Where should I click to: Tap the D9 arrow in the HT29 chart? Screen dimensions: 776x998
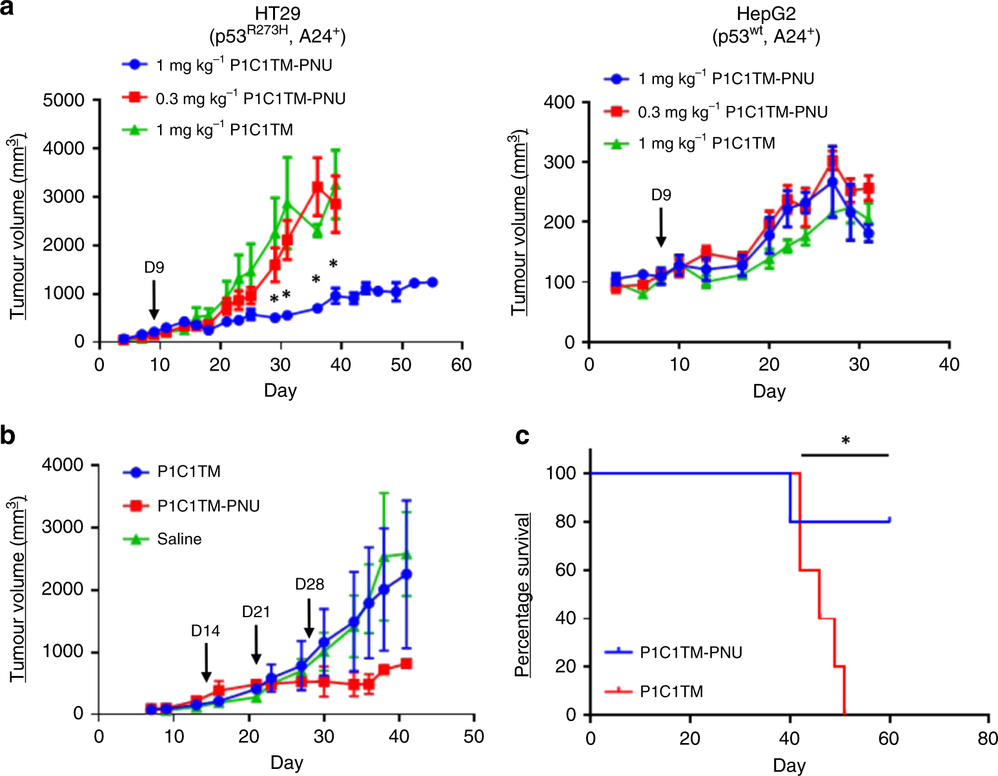pyautogui.click(x=154, y=301)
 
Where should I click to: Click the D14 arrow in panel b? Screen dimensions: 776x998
pyautogui.click(x=206, y=662)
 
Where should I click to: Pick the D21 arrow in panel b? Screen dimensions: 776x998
pyautogui.click(x=256, y=644)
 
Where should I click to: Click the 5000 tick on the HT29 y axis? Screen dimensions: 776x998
pyautogui.click(x=63, y=100)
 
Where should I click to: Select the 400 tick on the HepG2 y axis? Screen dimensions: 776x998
pyautogui.click(x=559, y=102)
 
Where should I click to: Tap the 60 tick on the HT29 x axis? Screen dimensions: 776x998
pyautogui.click(x=461, y=365)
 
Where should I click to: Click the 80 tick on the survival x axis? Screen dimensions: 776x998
pyautogui.click(x=988, y=738)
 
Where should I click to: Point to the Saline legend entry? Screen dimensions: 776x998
pyautogui.click(x=179, y=539)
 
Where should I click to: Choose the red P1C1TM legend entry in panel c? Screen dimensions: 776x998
pyautogui.click(x=671, y=691)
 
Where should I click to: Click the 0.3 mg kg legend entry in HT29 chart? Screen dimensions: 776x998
pyautogui.click(x=250, y=98)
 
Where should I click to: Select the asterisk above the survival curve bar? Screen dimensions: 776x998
pyautogui.click(x=845, y=442)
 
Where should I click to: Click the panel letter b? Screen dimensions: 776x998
pyautogui.click(x=8, y=436)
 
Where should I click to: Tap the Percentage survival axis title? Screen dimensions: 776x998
pyautogui.click(x=522, y=595)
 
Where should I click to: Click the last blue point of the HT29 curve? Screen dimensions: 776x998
pyautogui.click(x=432, y=282)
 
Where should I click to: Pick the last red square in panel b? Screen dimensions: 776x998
pyautogui.click(x=406, y=664)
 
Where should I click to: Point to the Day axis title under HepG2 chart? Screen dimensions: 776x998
pyautogui.click(x=768, y=391)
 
